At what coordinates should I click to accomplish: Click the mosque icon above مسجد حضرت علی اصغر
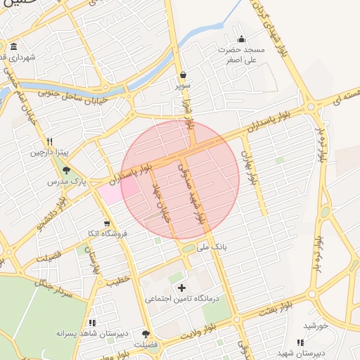pos(242,39)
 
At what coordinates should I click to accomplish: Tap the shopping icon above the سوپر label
pos(184,75)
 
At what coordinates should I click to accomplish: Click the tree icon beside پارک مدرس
pos(67,169)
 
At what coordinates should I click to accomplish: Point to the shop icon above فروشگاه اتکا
pos(107,224)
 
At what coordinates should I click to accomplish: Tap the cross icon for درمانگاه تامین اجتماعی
pos(181,287)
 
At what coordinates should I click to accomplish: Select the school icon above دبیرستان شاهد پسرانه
pos(92,322)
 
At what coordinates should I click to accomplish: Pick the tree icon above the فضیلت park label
pos(146,334)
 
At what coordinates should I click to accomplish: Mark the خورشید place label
pos(316,326)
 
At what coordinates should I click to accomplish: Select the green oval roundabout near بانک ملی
pos(188,248)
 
